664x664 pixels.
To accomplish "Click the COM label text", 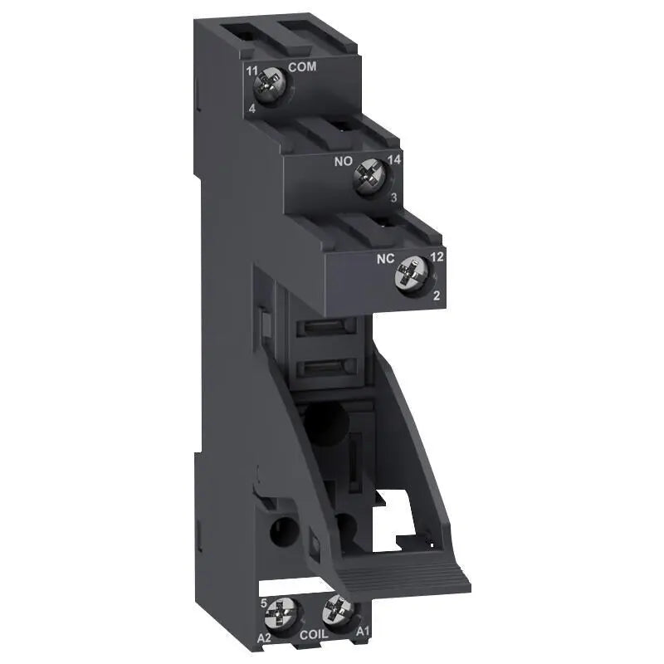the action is (302, 66).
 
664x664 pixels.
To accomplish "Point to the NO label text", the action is (343, 161).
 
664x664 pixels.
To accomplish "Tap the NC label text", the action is (385, 259).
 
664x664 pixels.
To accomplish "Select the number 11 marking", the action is (252, 71).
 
